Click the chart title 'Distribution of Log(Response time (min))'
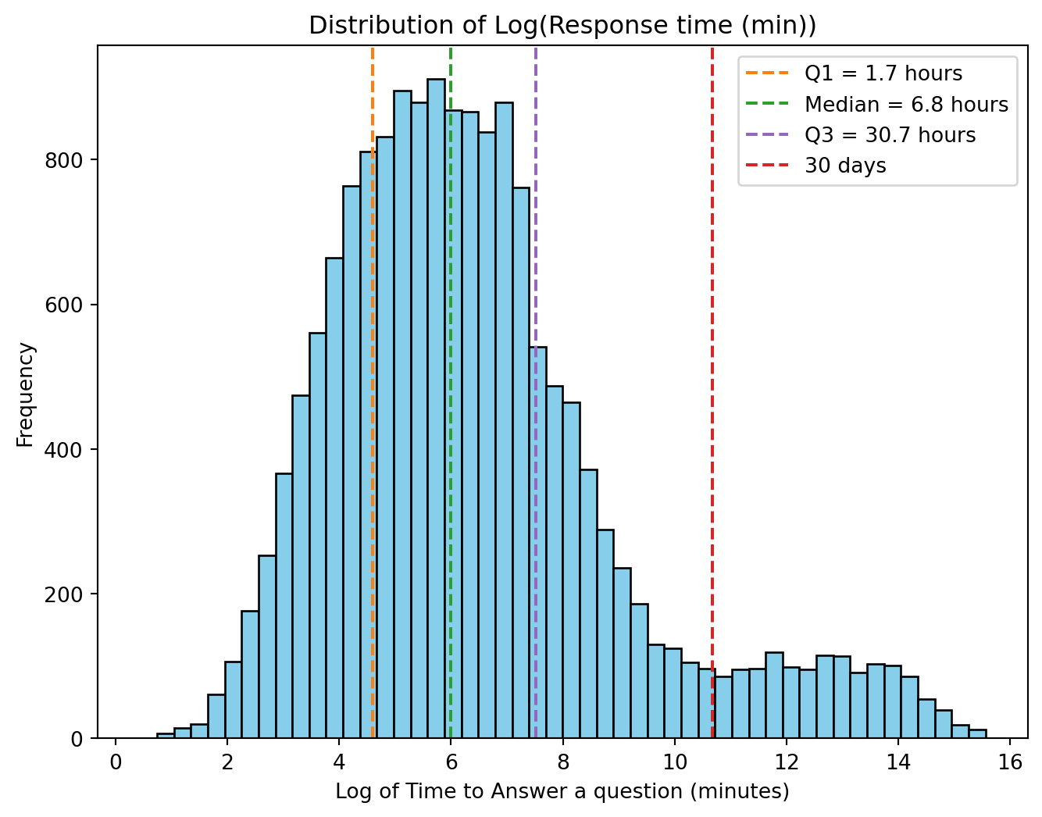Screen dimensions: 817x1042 (562, 26)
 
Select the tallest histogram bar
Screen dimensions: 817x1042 (436, 406)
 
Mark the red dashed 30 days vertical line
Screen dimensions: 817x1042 (712, 312)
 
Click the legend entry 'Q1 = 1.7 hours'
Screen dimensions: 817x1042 (883, 74)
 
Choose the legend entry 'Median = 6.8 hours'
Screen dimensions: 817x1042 (906, 105)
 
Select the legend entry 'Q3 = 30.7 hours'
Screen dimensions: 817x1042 (890, 135)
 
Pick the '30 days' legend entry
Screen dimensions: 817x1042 (845, 166)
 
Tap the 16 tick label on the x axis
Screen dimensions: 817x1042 (1010, 762)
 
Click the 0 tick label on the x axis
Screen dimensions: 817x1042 (116, 762)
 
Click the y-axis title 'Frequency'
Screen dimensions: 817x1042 (26, 394)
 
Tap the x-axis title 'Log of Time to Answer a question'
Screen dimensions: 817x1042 (562, 792)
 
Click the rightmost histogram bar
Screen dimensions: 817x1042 (977, 734)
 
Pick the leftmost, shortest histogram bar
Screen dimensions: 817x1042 (165, 736)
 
